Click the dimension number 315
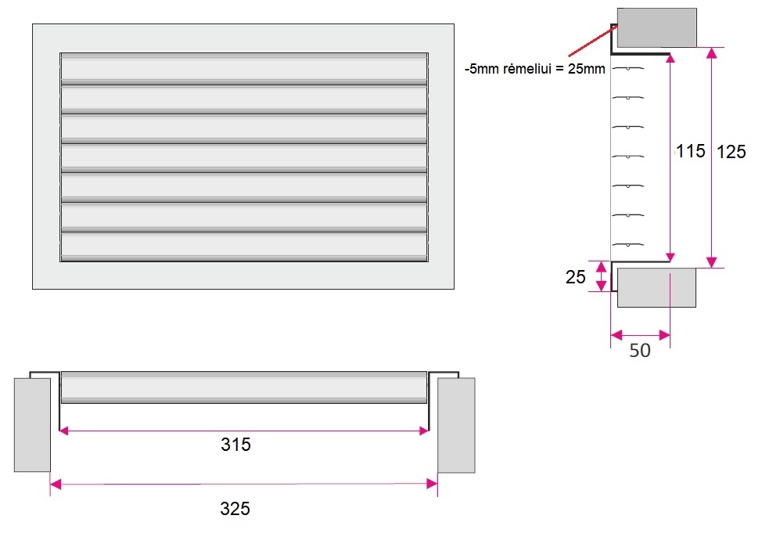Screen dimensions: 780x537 [235, 445]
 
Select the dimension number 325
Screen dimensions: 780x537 [235, 509]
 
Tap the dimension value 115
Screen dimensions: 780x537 [691, 151]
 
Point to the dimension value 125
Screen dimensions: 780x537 [731, 152]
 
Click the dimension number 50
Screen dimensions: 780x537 [640, 351]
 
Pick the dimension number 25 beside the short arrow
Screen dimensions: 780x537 [576, 276]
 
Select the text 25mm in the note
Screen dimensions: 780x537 [587, 69]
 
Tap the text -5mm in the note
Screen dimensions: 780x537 [481, 69]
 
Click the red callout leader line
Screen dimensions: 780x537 [593, 41]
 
